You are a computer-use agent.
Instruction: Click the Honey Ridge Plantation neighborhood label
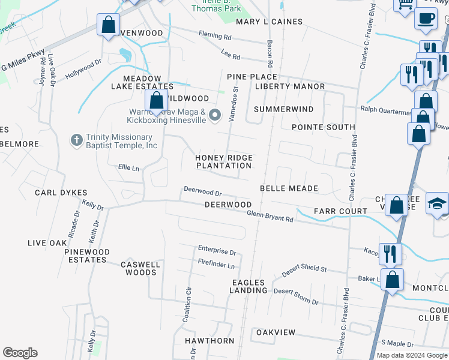[224, 161]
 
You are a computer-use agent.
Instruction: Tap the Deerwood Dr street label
[203, 193]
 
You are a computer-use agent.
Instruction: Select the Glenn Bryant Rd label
[270, 217]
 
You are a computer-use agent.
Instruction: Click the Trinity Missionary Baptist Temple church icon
[76, 140]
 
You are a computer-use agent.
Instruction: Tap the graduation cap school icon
[437, 205]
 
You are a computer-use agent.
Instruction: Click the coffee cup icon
[426, 18]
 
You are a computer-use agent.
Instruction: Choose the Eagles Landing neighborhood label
[248, 286]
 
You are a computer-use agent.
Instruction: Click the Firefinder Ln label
[215, 265]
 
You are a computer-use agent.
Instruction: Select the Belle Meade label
[289, 188]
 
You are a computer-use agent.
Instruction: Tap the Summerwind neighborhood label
[283, 109]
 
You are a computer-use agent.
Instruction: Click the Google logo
[20, 353]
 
